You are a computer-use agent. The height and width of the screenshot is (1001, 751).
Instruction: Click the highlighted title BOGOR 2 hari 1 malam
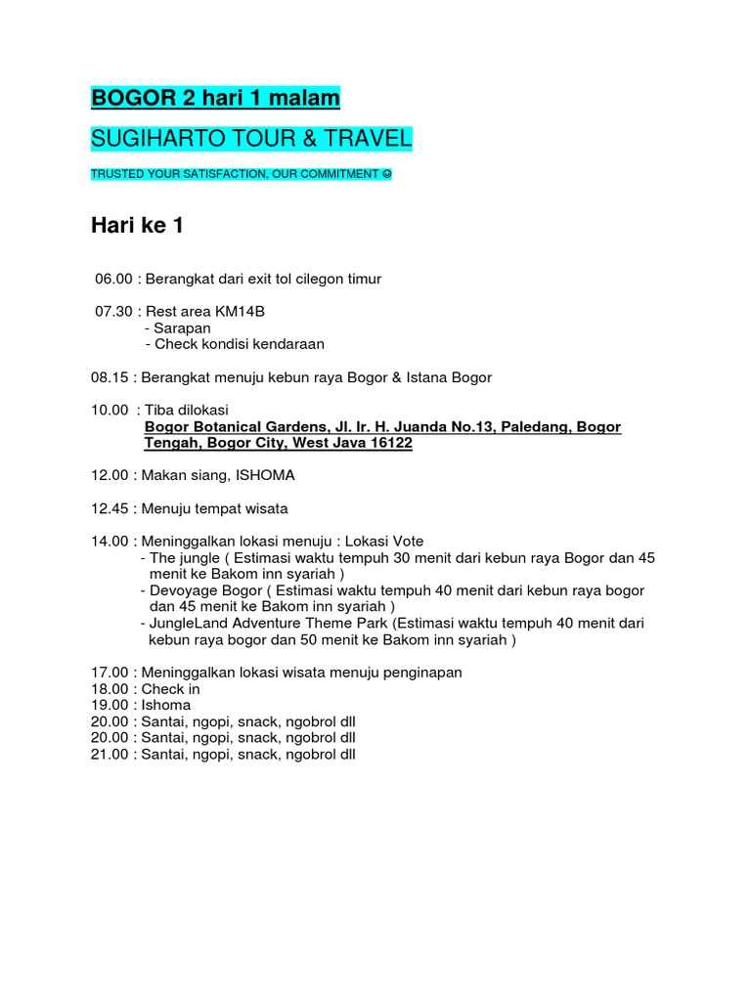[x=215, y=99]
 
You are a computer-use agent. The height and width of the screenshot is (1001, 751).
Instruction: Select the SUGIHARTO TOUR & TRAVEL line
[x=251, y=140]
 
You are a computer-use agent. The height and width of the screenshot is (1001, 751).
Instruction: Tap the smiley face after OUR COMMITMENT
[x=386, y=174]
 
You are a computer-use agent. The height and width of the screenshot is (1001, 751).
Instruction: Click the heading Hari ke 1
[x=137, y=226]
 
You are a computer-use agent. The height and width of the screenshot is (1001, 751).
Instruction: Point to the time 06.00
[x=113, y=279]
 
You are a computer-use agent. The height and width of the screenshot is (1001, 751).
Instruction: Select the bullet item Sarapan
[x=182, y=327]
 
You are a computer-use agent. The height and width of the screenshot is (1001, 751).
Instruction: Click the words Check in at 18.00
[x=171, y=688]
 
